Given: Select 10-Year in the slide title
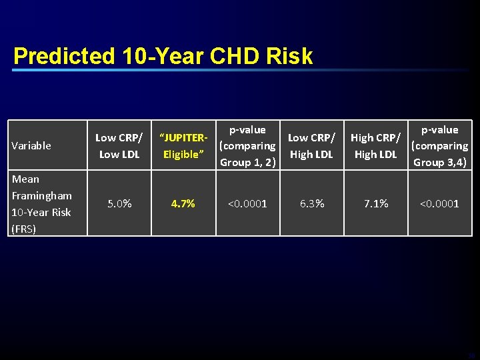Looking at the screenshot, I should (163, 56).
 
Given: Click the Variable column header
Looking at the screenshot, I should (31, 145).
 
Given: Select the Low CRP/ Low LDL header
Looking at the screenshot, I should (119, 146).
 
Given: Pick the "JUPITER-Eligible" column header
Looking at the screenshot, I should (183, 146).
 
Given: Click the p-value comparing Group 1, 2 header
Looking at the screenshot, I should (247, 146).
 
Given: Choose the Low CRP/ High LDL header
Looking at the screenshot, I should (311, 146).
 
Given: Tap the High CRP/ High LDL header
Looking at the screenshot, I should (375, 146).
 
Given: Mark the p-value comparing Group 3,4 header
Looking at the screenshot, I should (439, 146).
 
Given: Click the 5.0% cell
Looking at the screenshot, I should (119, 203).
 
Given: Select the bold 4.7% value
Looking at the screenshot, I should (183, 203).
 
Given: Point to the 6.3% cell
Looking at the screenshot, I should (311, 203).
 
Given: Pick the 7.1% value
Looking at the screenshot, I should (375, 203).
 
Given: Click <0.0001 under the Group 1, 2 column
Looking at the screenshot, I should (247, 203).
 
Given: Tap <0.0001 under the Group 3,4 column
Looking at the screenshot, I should (439, 203).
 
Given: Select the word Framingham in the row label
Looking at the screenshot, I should (41, 195).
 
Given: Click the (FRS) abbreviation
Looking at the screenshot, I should (24, 229).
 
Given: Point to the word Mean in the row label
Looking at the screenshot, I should (25, 179).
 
